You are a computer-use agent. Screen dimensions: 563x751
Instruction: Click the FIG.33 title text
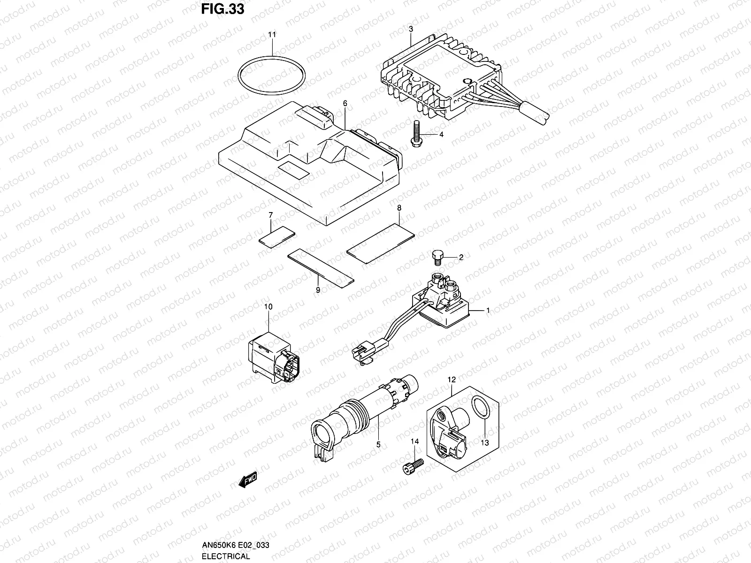coord(222,9)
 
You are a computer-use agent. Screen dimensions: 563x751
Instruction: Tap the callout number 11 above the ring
coord(272,35)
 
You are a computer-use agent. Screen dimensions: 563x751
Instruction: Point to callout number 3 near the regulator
coord(411,29)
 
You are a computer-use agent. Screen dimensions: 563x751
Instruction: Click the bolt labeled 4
coord(416,134)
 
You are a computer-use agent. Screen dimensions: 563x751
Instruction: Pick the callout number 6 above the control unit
coord(345,103)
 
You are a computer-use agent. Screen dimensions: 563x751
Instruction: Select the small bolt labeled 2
coord(437,256)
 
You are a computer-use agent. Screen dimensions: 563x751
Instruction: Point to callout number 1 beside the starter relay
coord(488,310)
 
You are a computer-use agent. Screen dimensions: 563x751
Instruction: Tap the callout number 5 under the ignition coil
coord(378,444)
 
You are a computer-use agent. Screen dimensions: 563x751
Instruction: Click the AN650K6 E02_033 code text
coord(235,545)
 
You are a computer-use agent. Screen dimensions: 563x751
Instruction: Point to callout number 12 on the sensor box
coord(451,379)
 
